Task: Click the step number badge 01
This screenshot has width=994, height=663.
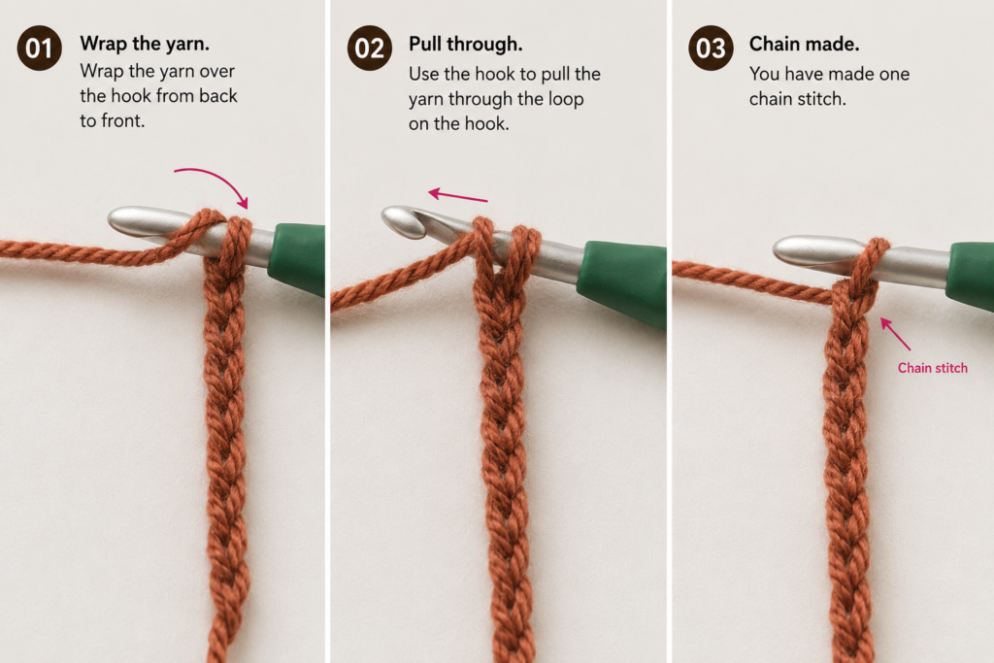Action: coord(39,49)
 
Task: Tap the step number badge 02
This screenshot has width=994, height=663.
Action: coord(370,49)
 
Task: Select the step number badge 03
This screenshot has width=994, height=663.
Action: coord(711,49)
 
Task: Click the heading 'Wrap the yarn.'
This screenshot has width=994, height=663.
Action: coord(145,44)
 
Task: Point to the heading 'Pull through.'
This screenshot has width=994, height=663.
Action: coord(465,44)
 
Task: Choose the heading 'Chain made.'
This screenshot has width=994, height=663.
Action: coord(804,44)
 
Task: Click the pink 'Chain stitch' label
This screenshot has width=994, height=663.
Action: coord(933,368)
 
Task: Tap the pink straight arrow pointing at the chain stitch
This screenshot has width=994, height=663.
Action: coord(895,333)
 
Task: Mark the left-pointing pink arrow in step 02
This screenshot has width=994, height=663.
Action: coord(458,195)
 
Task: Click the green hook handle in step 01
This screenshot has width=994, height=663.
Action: coord(297,250)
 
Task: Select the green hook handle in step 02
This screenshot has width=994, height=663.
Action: coord(622,282)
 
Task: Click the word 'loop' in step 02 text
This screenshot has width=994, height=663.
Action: coord(566,100)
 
